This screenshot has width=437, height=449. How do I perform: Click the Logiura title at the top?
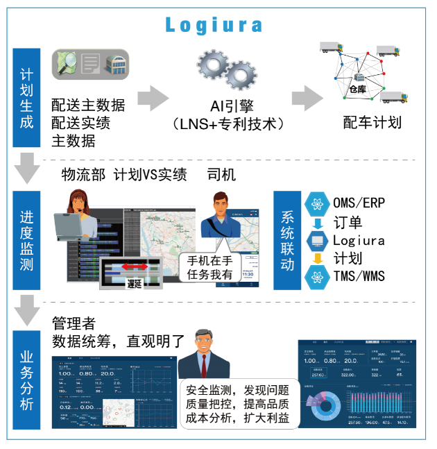(214, 26)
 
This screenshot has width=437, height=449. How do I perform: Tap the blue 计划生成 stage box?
(27, 97)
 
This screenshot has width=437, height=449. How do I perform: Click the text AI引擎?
(232, 106)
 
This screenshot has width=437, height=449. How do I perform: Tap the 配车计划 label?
(372, 123)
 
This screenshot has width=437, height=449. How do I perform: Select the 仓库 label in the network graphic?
(357, 89)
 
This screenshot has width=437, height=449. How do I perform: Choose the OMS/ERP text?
(359, 203)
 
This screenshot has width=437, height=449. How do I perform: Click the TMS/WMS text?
(359, 276)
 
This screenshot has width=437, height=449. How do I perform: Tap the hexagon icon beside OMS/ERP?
(317, 203)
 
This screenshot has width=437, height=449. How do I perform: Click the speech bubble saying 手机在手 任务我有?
(210, 267)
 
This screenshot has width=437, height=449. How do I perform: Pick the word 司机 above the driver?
(221, 175)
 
